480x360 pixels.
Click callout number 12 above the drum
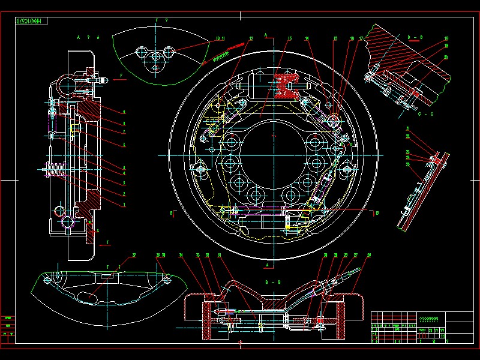250,39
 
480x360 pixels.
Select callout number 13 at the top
289,39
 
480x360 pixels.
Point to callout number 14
307,39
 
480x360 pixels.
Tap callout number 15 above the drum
335,39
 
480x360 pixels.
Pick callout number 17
361,39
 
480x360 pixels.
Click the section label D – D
415,37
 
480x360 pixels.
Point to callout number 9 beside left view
124,112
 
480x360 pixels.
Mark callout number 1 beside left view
124,205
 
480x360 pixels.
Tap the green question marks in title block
428,319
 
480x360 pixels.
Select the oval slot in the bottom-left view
91,294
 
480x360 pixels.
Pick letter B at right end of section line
377,212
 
